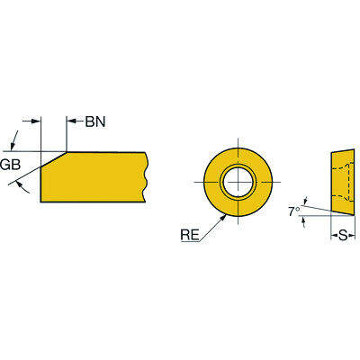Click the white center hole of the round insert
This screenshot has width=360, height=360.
pos(238,180)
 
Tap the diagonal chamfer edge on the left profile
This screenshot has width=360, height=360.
pos(53,161)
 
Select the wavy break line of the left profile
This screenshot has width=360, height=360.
pos(147,177)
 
